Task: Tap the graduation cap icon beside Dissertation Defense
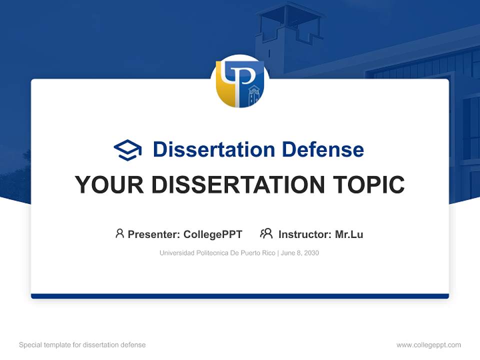[127, 149]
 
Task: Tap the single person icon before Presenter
[119, 233]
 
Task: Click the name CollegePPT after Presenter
[212, 234]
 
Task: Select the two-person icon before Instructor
[266, 233]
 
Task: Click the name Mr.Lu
[349, 234]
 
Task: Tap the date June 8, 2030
[300, 253]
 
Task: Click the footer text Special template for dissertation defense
[82, 345]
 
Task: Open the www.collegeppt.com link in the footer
[428, 345]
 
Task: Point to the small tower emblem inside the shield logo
[254, 94]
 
